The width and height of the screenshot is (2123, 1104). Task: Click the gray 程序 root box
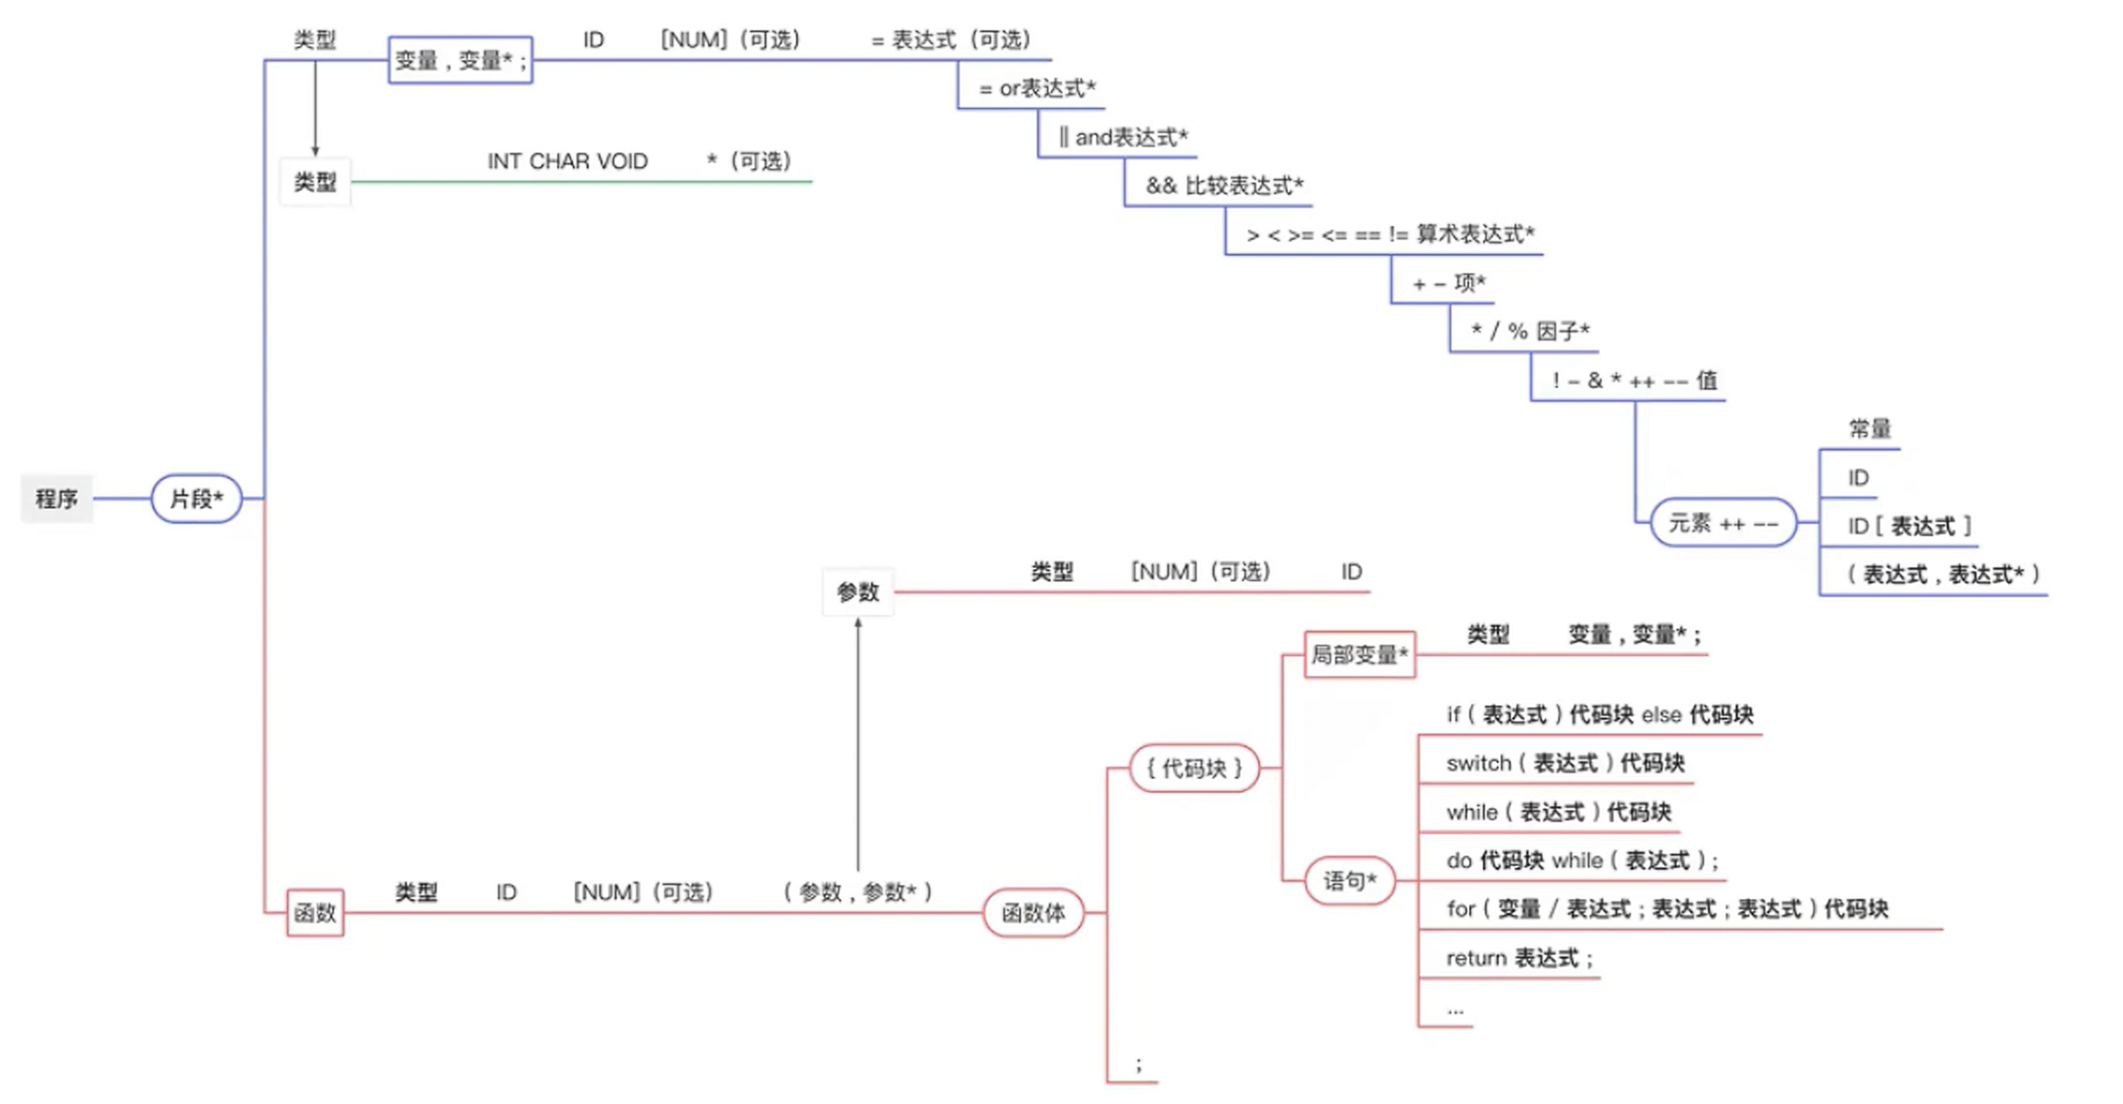[57, 499]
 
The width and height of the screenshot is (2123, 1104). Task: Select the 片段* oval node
[196, 499]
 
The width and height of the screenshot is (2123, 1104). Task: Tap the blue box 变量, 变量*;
[460, 60]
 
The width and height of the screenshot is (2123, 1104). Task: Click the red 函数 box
[315, 913]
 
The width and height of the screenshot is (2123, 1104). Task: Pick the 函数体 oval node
[1033, 913]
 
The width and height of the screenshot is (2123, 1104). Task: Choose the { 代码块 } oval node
[1194, 768]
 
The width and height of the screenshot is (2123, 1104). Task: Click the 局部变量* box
[1359, 655]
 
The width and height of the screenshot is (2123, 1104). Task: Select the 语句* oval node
[1350, 881]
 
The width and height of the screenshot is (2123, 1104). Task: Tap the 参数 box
[858, 593]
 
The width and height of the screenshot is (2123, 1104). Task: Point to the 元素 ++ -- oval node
[1723, 523]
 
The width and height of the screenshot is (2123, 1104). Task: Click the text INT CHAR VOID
[568, 162]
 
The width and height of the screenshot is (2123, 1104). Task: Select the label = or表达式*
[1037, 89]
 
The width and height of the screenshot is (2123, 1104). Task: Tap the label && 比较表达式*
[1224, 186]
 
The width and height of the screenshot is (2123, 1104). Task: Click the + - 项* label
[1448, 283]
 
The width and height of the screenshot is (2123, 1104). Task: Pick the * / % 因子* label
[1530, 331]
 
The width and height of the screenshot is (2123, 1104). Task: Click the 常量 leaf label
[1869, 429]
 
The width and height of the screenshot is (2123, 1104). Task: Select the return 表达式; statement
[1519, 958]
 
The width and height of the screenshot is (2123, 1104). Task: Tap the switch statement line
[1565, 764]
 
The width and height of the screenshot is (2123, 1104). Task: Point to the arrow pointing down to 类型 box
[315, 109]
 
